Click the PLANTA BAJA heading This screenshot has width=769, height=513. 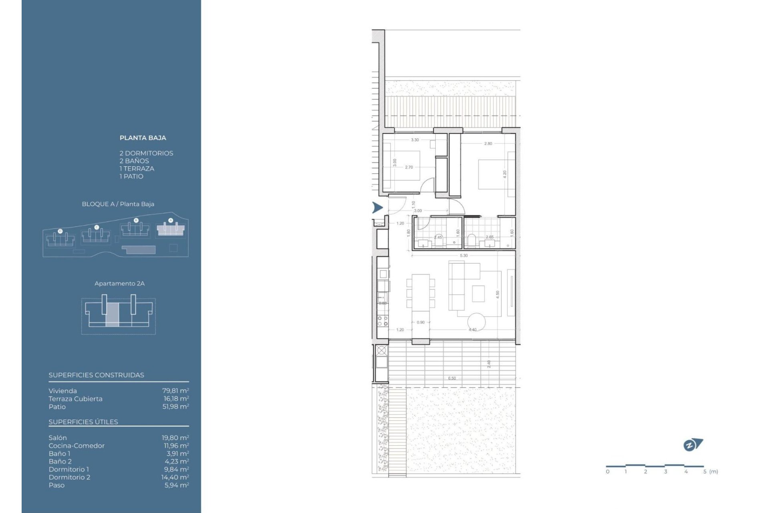(143, 138)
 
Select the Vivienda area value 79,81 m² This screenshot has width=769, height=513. (175, 391)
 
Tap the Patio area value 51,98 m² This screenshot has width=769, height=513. (175, 406)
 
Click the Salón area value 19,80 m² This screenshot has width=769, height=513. (175, 438)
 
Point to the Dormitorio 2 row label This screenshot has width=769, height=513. (69, 477)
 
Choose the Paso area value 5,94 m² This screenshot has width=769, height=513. (177, 485)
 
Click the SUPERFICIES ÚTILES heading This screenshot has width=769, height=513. (83, 422)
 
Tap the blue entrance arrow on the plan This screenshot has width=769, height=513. (377, 208)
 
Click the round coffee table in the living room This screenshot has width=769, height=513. (476, 321)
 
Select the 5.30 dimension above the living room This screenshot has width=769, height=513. (463, 256)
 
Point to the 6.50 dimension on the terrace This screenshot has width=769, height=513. (452, 378)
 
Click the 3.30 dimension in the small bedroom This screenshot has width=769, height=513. (415, 140)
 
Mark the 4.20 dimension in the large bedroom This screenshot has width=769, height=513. (505, 174)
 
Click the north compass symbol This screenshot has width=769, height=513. (693, 444)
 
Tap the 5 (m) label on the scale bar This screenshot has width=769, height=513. (711, 472)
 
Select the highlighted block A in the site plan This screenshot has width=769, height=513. (171, 230)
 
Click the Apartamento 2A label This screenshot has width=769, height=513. (119, 283)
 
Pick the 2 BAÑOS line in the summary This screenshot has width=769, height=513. (134, 161)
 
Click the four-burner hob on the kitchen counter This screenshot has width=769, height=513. (383, 321)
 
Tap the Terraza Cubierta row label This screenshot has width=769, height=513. (75, 399)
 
